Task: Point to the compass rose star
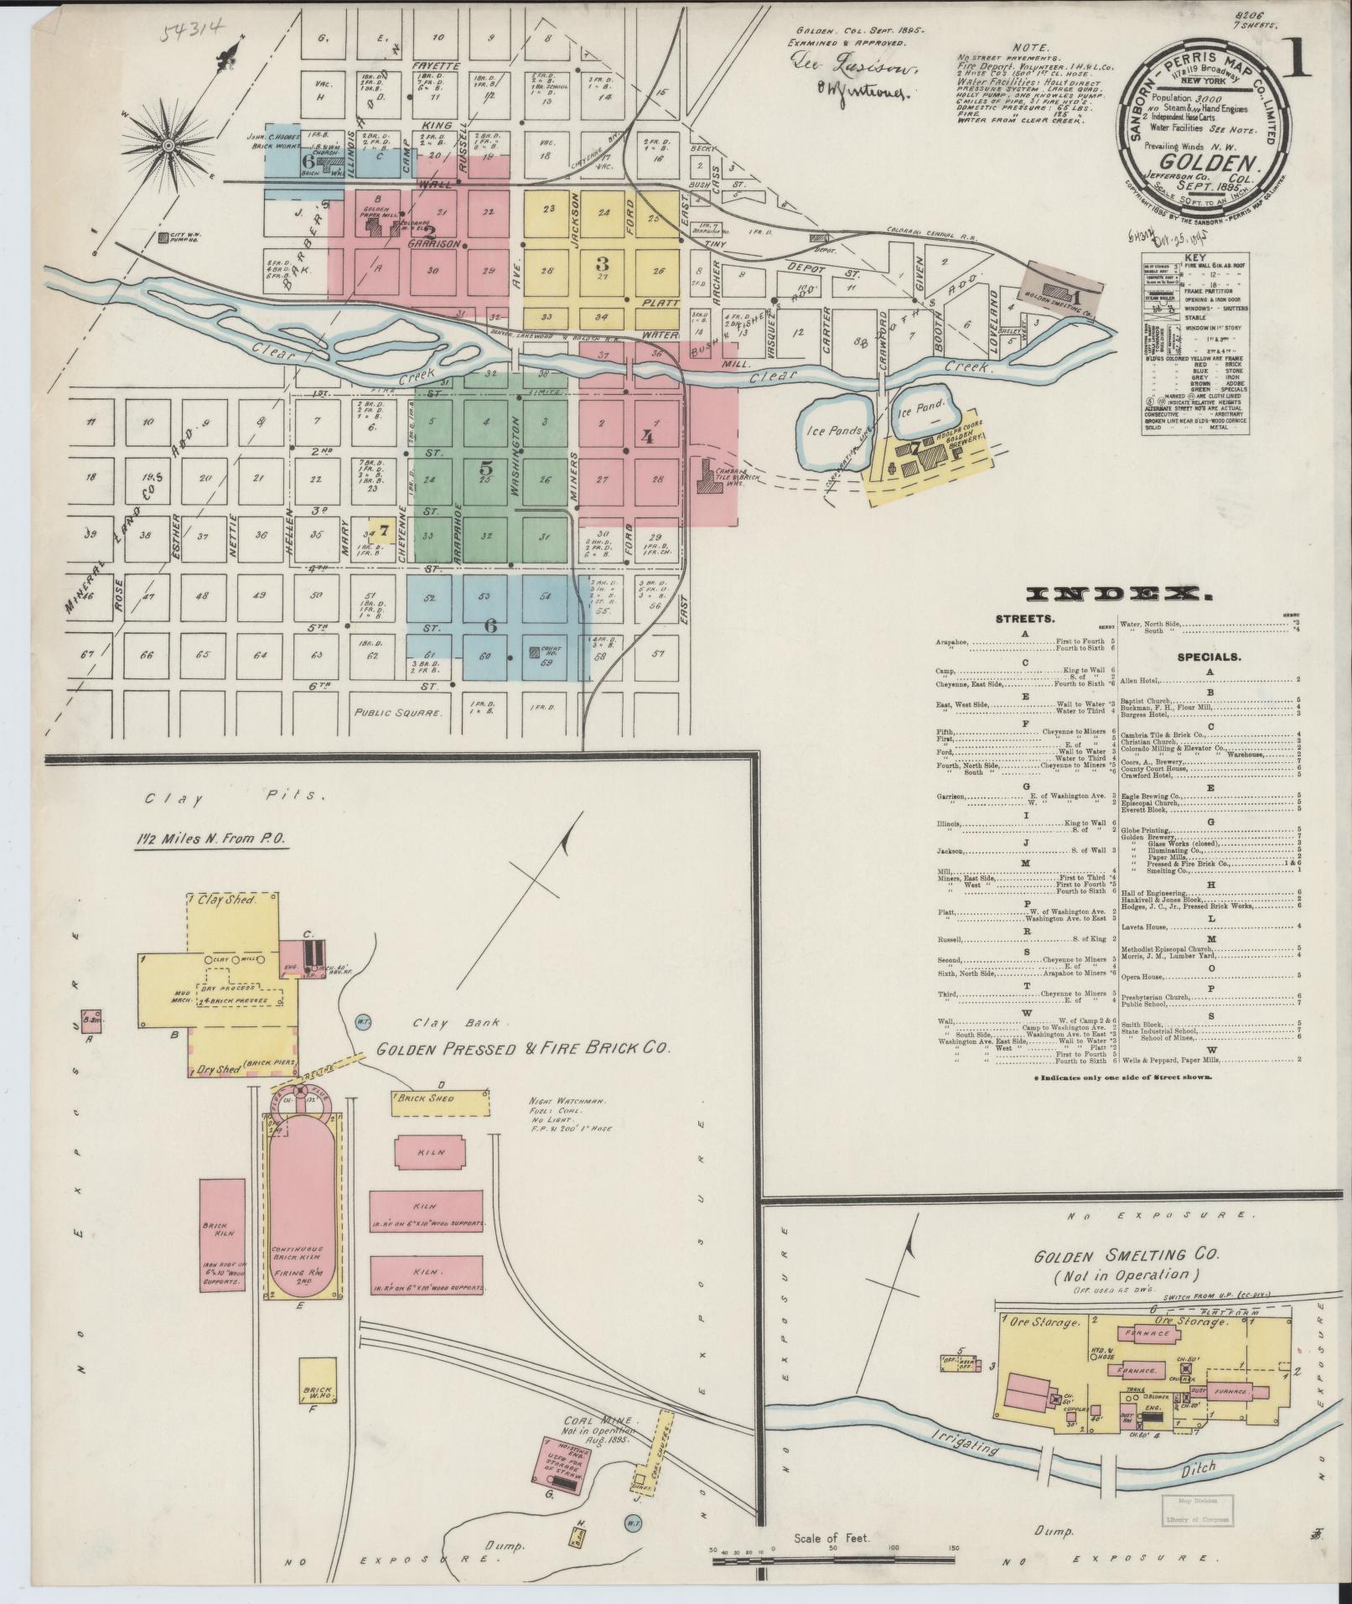pos(168,145)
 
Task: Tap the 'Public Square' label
pos(396,714)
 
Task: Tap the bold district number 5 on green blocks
pos(486,469)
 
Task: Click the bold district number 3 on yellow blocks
pos(602,263)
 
